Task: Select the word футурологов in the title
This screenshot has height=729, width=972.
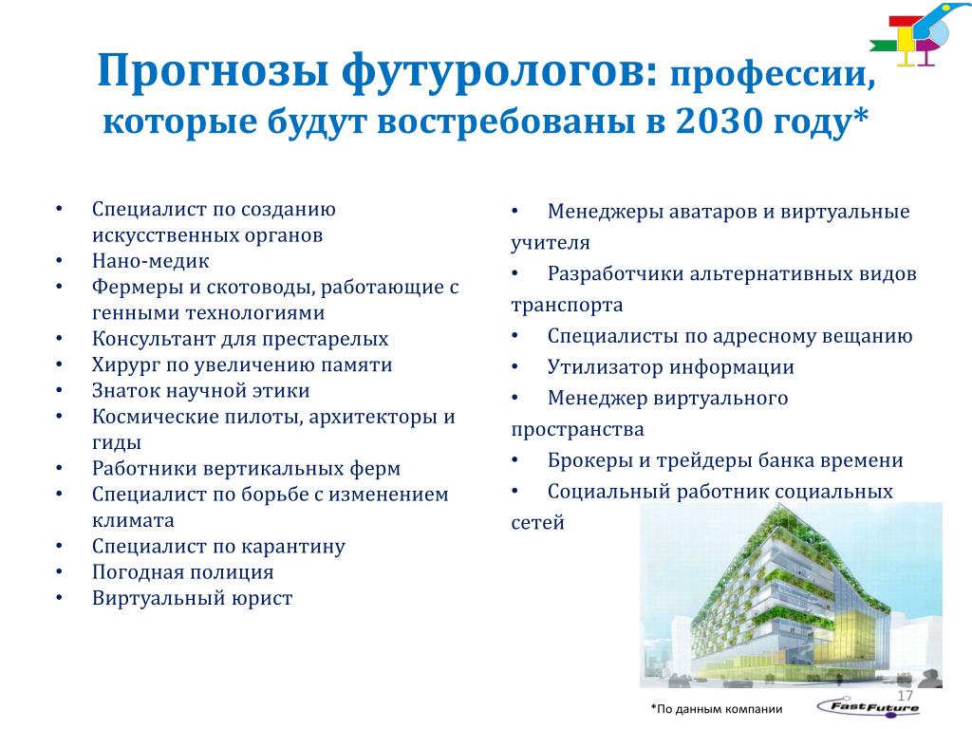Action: (x=500, y=72)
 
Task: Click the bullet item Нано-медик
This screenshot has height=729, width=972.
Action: (x=151, y=261)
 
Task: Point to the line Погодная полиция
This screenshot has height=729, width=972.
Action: (x=183, y=572)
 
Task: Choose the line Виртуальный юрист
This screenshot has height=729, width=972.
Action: (x=192, y=598)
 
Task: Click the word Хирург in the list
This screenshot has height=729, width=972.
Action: (x=125, y=365)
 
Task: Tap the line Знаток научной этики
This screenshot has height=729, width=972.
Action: (x=201, y=390)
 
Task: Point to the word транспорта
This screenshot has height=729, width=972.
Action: (x=568, y=306)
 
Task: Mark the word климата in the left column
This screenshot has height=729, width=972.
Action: (x=133, y=520)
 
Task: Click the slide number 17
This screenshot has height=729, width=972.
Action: (x=905, y=696)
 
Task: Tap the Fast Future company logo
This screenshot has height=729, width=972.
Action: (x=869, y=706)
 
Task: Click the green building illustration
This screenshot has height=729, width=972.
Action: (x=791, y=595)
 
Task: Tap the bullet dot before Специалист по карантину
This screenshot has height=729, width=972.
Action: (x=59, y=546)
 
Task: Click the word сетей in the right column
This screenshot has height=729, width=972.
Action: (x=537, y=523)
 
